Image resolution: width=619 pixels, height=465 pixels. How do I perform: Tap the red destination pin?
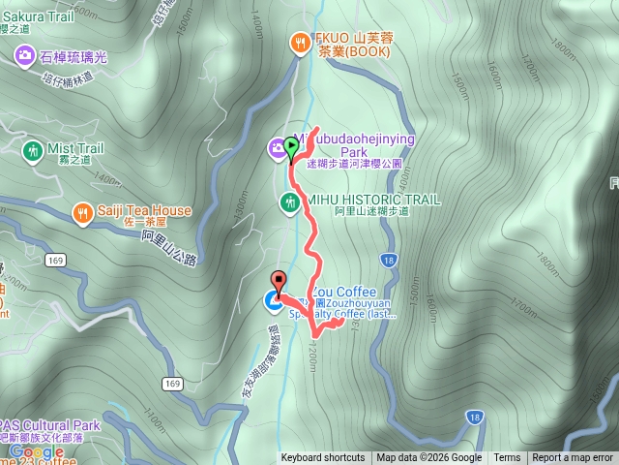280,282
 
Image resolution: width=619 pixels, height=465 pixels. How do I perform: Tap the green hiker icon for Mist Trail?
31,150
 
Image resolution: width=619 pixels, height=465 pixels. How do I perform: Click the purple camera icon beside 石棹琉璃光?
23,56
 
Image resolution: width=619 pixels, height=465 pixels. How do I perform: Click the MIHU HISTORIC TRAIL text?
373,199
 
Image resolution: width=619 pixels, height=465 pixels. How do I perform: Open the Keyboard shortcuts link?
323,458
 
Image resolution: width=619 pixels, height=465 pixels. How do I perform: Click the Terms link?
507,458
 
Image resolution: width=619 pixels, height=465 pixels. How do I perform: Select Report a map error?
574,458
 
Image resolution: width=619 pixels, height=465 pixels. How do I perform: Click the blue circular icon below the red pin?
274,304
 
